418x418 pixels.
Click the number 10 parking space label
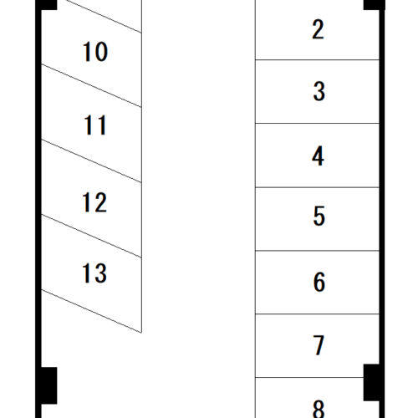coord(95,51)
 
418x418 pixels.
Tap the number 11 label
coord(95,125)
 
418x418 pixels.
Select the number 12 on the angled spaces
coord(94,202)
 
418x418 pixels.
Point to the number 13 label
coord(94,273)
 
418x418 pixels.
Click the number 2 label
coord(319,29)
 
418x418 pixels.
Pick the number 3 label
coord(319,91)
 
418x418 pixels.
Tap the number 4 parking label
coord(319,156)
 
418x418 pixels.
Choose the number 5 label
coord(319,216)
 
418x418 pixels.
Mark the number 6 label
coord(319,282)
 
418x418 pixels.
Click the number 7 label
coord(319,345)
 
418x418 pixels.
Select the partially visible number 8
coord(319,409)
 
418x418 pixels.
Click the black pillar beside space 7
coord(371,382)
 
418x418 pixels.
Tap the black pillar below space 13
coord(49,385)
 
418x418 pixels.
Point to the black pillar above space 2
coord(374,5)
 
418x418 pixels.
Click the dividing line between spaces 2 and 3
coord(317,59)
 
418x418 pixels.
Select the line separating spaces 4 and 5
coord(317,187)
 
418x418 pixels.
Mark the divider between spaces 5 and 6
coord(317,251)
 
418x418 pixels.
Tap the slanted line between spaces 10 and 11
coord(91,85)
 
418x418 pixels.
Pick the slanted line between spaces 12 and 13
coord(91,236)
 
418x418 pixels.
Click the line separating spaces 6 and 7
coord(317,314)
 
